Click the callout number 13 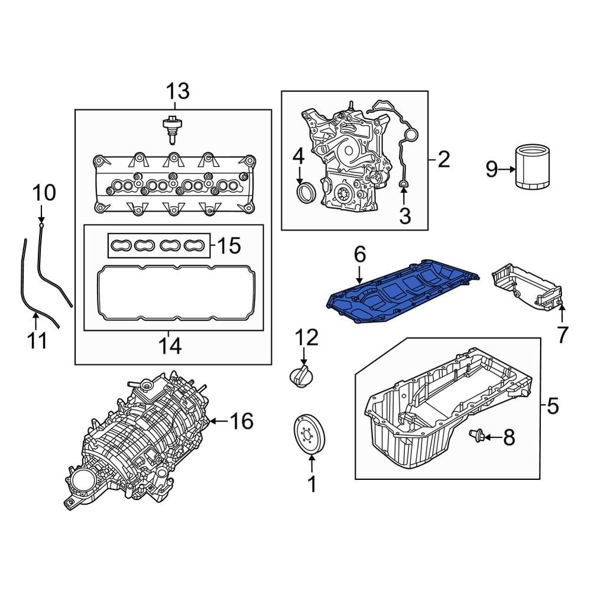coord(177,92)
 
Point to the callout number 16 coord(241,421)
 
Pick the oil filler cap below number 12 coord(301,376)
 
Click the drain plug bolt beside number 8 coord(476,436)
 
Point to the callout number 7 coord(562,335)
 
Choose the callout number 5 coord(553,406)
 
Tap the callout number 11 coord(38,341)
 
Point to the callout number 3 coord(405,216)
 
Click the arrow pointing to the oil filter coord(507,170)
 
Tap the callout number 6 coord(360,255)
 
